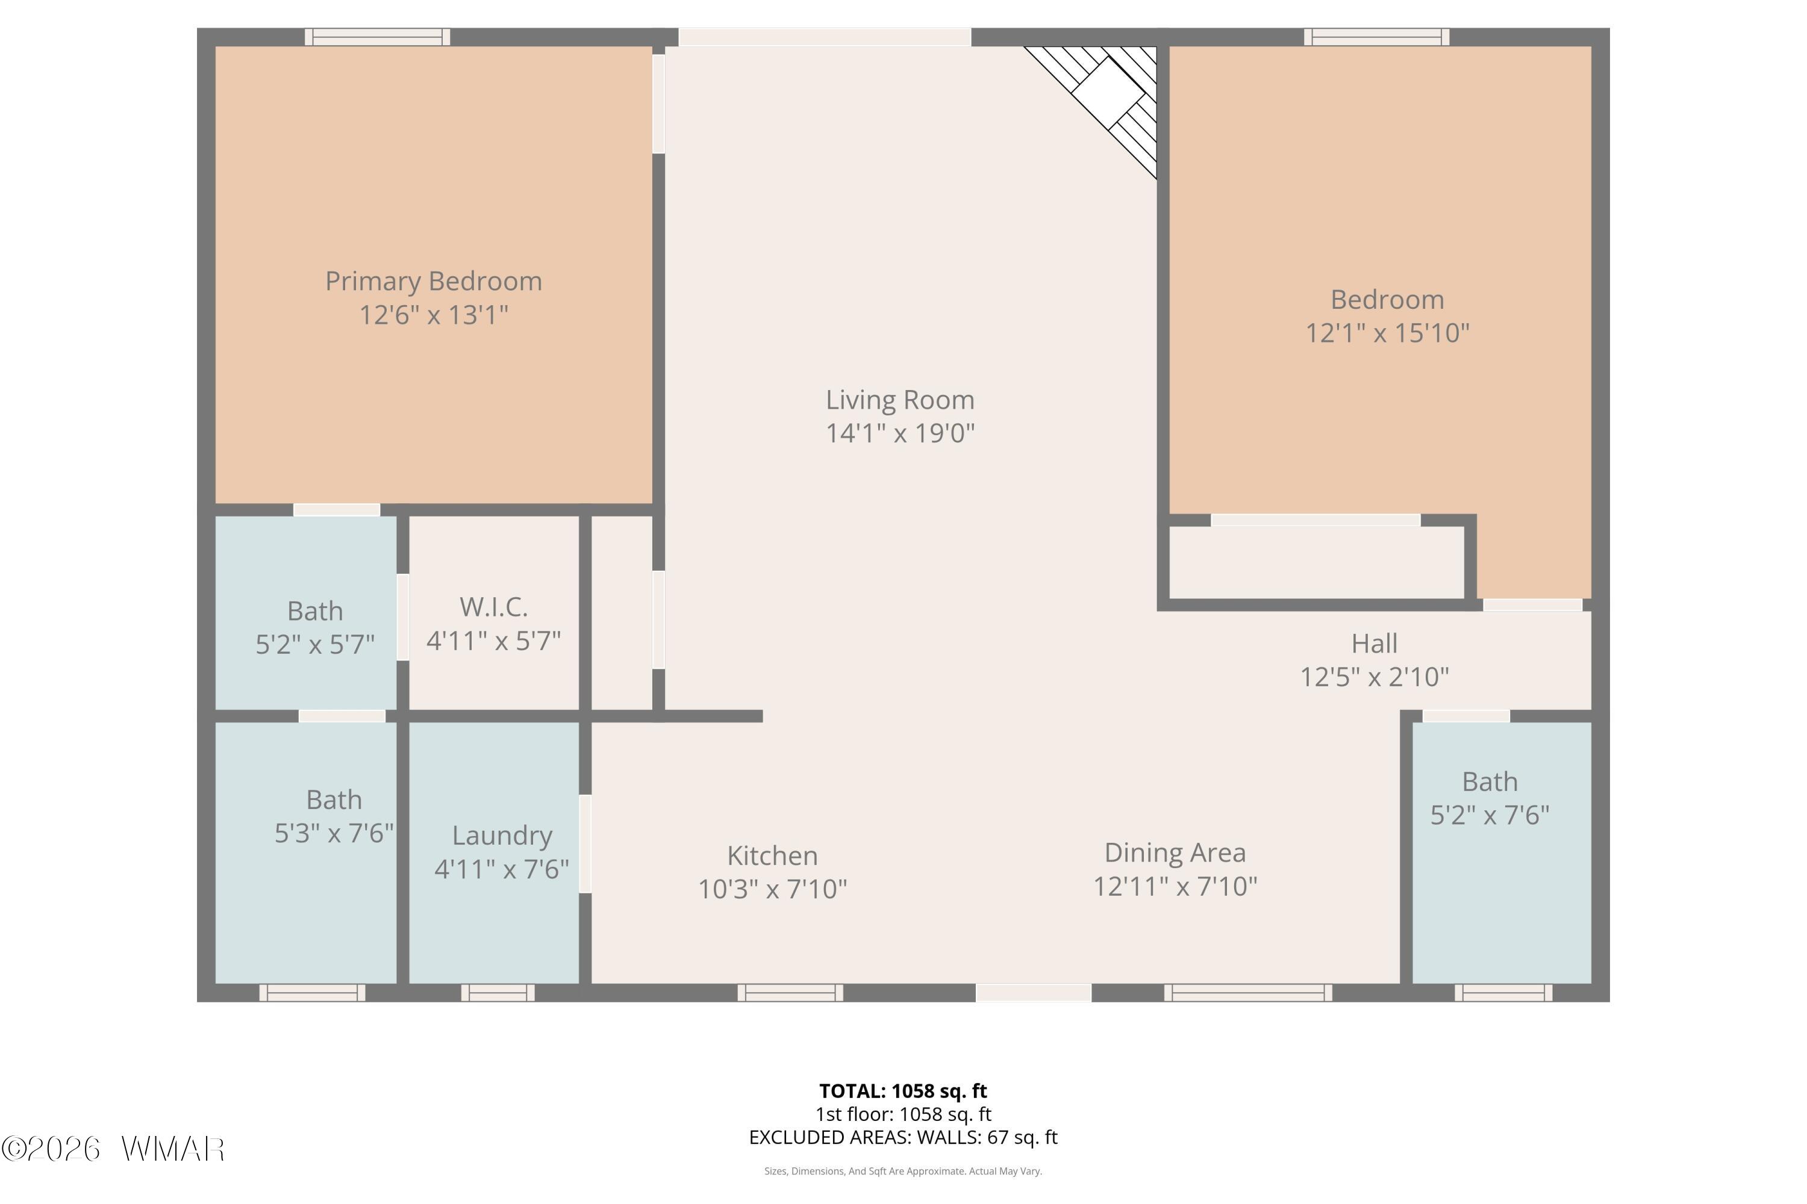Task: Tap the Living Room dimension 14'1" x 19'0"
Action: (x=900, y=433)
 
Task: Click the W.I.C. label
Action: (x=493, y=607)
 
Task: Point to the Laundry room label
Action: (x=502, y=836)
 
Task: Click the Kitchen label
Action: (x=772, y=855)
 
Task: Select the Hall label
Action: (x=1375, y=644)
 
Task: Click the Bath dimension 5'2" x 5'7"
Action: (x=315, y=644)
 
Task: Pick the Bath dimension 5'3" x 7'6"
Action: (x=334, y=833)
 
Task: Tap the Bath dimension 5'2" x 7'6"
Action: (x=1490, y=815)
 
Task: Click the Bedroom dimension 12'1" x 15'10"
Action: (x=1388, y=332)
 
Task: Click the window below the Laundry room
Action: (x=498, y=993)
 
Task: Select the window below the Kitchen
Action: (x=790, y=993)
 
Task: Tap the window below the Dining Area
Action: (x=1249, y=993)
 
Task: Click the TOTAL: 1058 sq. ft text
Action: (x=903, y=1091)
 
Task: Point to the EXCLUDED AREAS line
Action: (x=903, y=1137)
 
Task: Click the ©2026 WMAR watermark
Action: (x=113, y=1149)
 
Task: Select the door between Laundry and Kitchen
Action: (x=585, y=844)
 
